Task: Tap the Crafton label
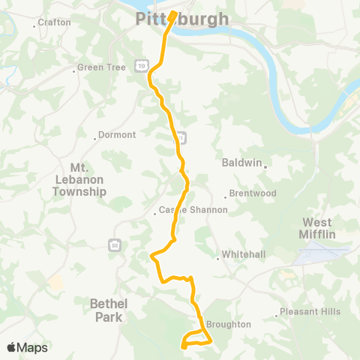click(55, 22)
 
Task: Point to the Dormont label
click(116, 136)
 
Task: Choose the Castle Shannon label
click(193, 210)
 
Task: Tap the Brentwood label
click(253, 193)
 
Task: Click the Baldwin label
click(241, 162)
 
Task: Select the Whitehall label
click(244, 255)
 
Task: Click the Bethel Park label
click(109, 310)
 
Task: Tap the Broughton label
click(229, 325)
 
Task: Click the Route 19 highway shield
click(141, 66)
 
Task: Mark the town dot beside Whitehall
click(218, 259)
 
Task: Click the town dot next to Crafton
click(34, 26)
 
